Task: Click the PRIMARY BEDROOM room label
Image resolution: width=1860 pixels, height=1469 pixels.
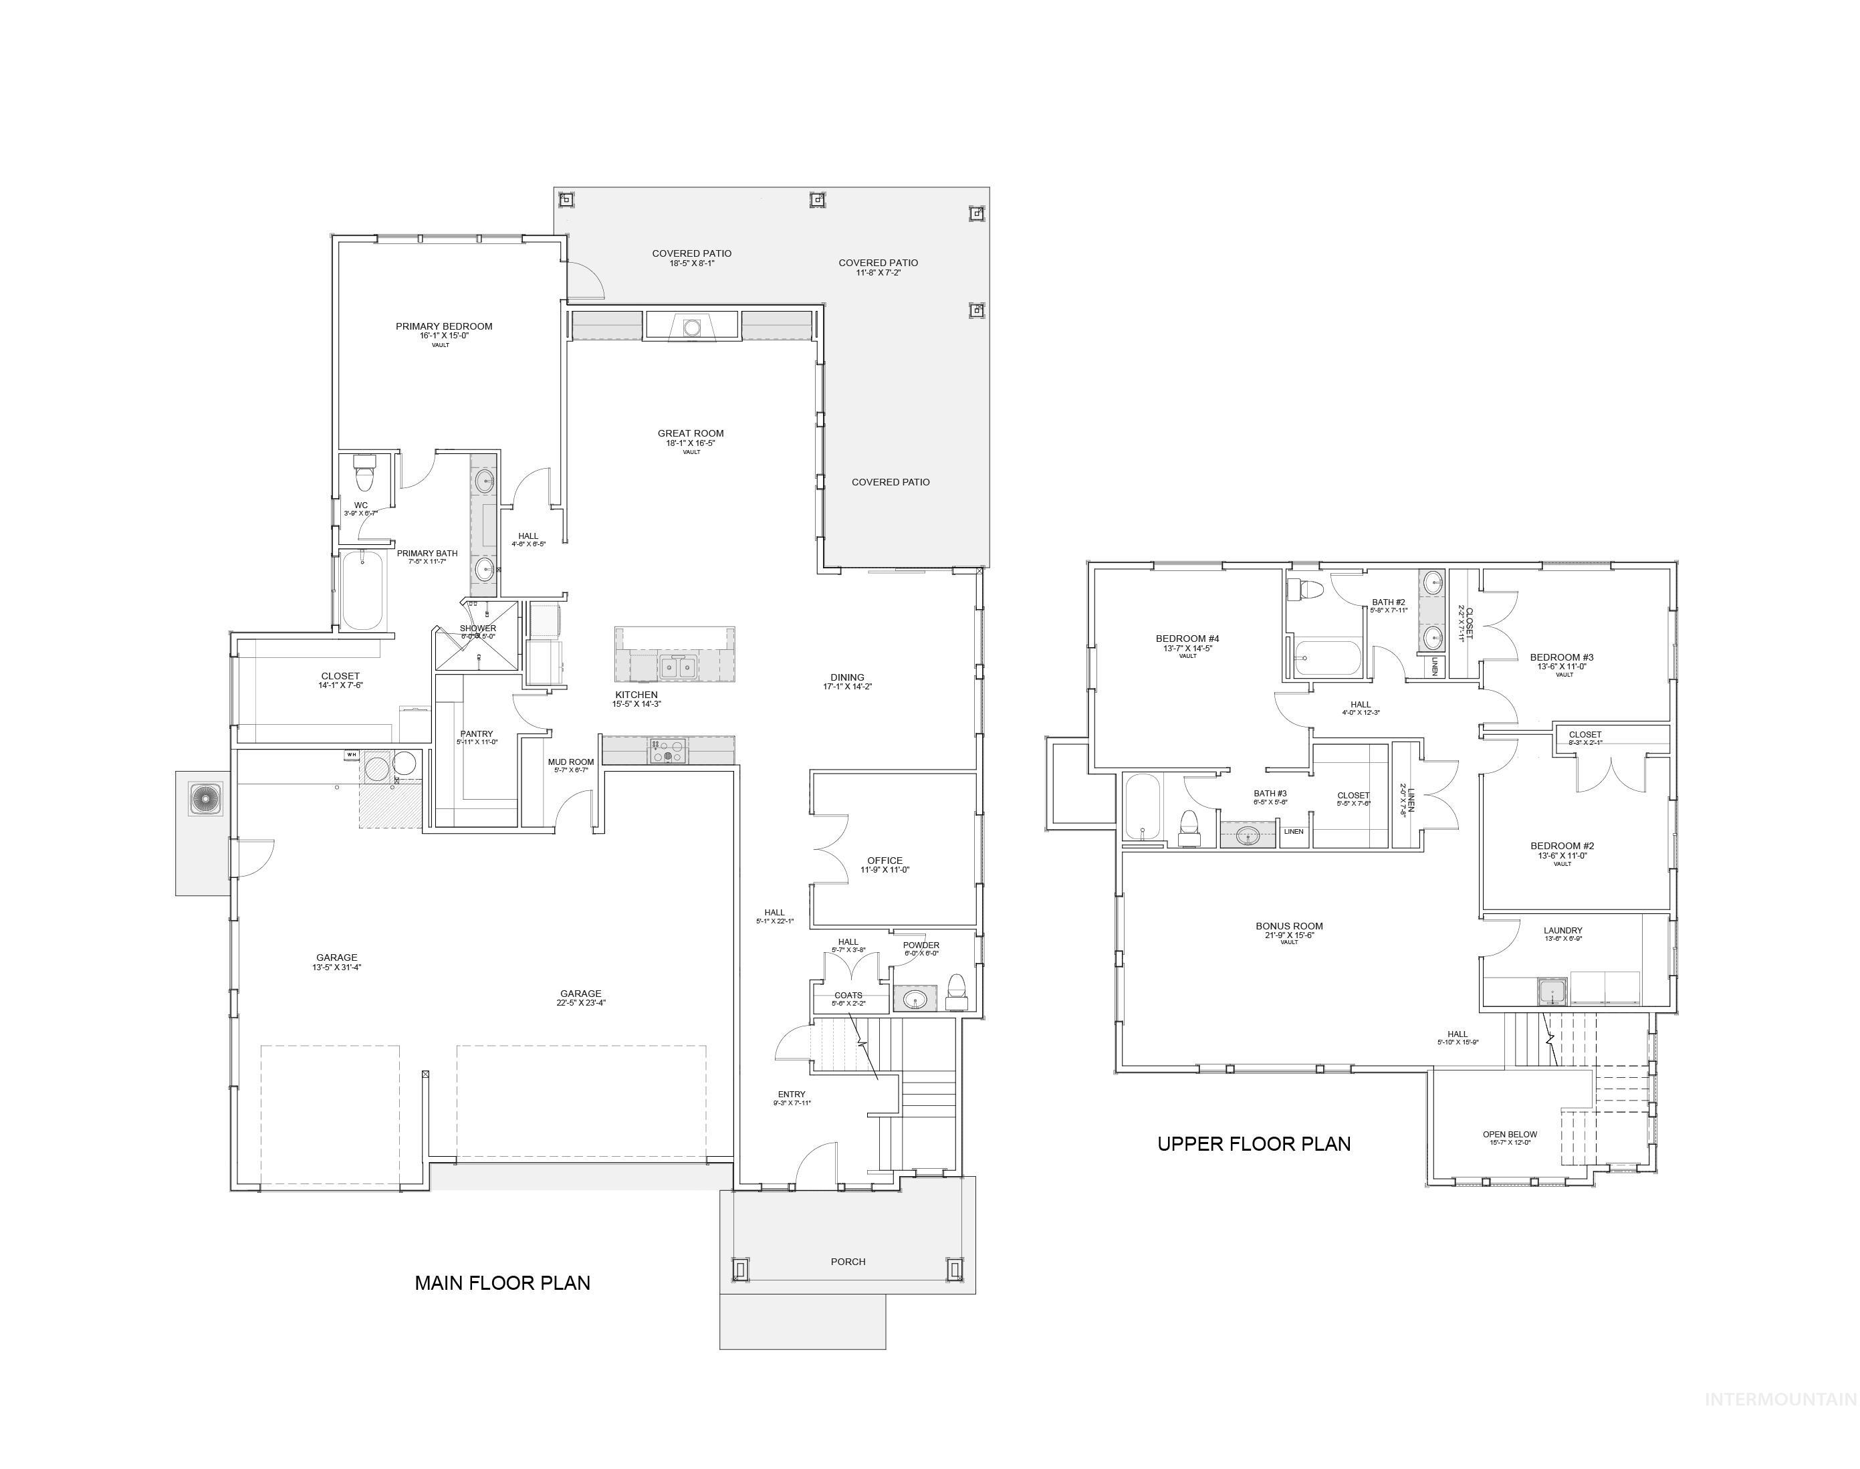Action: [444, 327]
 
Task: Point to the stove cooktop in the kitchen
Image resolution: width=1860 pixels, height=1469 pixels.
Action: [668, 750]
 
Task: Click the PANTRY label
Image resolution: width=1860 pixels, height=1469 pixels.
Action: [477, 734]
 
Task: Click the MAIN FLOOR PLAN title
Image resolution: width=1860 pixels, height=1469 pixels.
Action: [502, 1283]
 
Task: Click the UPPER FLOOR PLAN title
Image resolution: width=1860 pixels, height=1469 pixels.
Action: [1253, 1144]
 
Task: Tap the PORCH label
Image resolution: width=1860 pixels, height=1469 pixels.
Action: [848, 1262]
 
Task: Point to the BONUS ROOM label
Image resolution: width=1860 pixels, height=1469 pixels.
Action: [1288, 926]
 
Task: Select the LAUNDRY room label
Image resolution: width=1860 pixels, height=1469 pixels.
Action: [1562, 931]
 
